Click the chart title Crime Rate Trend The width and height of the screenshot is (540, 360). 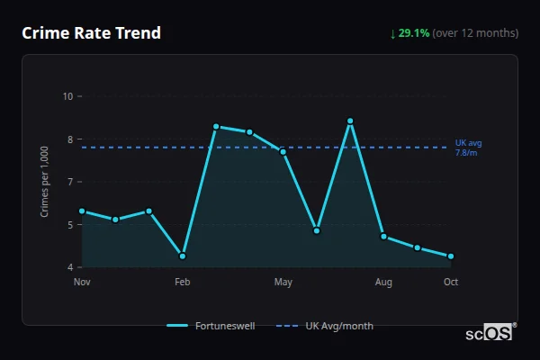click(91, 33)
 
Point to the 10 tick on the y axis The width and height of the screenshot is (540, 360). click(67, 96)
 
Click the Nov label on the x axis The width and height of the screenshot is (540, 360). click(82, 283)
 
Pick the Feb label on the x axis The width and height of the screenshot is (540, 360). click(183, 283)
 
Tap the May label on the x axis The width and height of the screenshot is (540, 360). click(283, 283)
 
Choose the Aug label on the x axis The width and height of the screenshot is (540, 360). click(383, 283)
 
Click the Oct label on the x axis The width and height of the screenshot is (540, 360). click(451, 283)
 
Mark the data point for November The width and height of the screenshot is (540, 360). click(82, 211)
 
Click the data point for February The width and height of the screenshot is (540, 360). click(183, 256)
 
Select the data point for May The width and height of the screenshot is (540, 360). click(283, 151)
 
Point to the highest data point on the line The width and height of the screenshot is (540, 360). click(350, 121)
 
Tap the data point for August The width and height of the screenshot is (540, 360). click(383, 237)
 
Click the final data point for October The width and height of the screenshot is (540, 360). click(451, 256)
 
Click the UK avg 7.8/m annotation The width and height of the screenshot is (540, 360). click(468, 148)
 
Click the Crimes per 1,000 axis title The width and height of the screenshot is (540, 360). click(45, 182)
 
